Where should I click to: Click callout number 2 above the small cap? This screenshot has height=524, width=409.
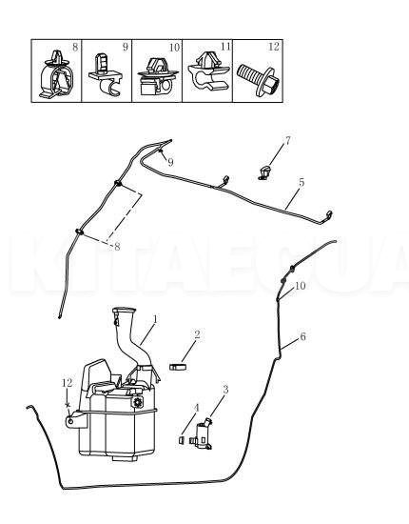[x=196, y=334]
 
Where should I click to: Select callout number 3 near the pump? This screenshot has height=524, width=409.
[x=225, y=390]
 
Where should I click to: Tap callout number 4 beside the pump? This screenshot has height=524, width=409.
[x=197, y=409]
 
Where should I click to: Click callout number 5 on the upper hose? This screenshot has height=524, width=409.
[x=301, y=182]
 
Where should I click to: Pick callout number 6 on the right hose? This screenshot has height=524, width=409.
[x=302, y=336]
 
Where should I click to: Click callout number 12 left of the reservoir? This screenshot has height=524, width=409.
[x=67, y=383]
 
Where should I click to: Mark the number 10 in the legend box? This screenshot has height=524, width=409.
[x=173, y=47]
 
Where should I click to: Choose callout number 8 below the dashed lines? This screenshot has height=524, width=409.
[x=116, y=247]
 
